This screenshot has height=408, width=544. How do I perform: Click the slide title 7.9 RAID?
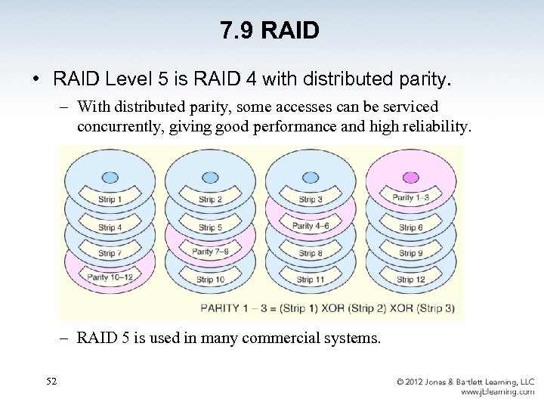(x=270, y=30)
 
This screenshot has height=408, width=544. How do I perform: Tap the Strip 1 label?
(x=110, y=200)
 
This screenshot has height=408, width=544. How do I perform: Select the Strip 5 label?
(x=209, y=227)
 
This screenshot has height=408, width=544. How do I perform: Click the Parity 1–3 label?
(x=411, y=198)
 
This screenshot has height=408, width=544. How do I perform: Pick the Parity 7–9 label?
(x=210, y=252)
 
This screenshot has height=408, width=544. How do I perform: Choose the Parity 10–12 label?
(x=110, y=277)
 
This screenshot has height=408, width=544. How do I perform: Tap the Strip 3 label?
(x=311, y=200)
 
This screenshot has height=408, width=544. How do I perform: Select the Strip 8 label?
(x=311, y=254)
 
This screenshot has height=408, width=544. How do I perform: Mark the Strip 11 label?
(x=311, y=280)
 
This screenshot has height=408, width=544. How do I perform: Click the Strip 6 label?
(x=410, y=227)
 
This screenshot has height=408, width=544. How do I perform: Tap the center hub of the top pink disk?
(x=410, y=176)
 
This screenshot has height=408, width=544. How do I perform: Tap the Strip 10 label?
(x=210, y=280)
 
